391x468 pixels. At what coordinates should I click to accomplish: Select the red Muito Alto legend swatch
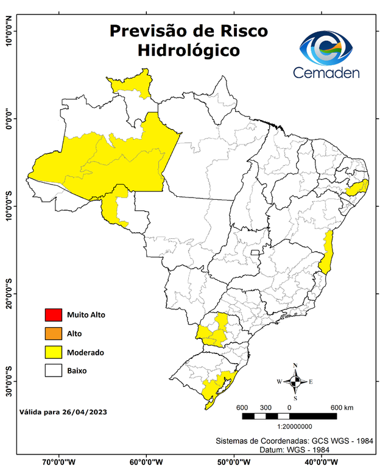[54, 315]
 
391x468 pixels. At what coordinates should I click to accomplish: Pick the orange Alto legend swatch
[54, 333]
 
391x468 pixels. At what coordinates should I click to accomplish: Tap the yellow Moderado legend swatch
[54, 352]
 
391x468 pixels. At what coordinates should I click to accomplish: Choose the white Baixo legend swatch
[54, 370]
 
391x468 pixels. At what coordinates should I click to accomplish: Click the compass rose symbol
[295, 381]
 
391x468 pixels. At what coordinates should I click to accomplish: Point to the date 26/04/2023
[85, 412]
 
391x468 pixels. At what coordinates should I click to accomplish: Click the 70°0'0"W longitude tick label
[58, 461]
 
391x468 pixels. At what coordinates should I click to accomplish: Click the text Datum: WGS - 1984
[291, 449]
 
